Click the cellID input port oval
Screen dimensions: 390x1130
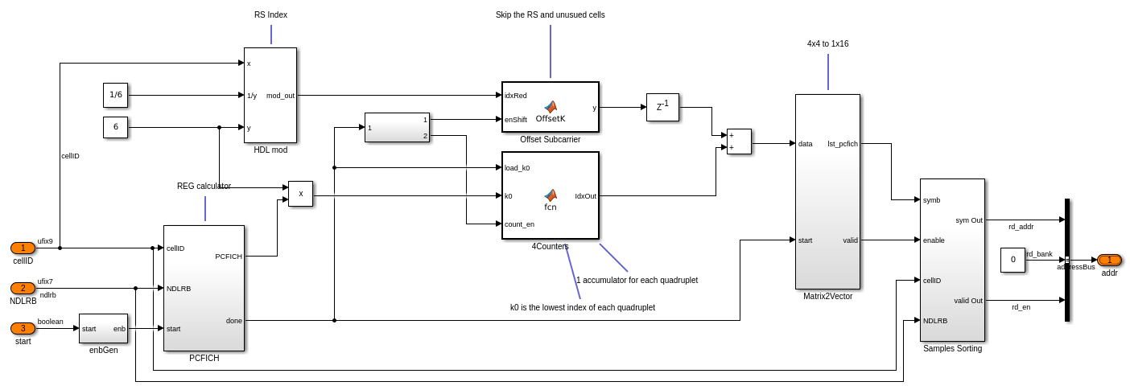pos(23,248)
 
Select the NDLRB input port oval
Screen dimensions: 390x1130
pos(23,288)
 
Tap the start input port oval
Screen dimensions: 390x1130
pos(23,328)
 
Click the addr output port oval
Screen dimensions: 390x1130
pos(1109,260)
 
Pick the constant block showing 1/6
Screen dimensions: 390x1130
pos(115,95)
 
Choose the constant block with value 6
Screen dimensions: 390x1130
pos(115,127)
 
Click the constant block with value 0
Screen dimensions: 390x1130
pos(1012,260)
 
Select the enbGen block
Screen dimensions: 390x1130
pos(103,328)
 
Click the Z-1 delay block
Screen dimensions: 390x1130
pos(662,107)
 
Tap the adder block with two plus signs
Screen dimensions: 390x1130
pos(739,142)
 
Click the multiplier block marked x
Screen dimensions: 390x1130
pos(300,194)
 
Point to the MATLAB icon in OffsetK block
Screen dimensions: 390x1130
pos(551,106)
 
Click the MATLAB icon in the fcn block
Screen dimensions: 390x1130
pos(551,195)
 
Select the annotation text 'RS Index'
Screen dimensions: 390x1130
pos(270,14)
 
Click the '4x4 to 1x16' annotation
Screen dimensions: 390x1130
pos(827,43)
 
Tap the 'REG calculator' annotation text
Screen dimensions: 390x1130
pos(204,186)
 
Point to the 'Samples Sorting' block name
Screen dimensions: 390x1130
pos(952,348)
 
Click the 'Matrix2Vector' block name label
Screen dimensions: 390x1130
pos(827,296)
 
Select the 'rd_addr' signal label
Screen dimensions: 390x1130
pos(1021,227)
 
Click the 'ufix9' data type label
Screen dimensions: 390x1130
pos(45,241)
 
